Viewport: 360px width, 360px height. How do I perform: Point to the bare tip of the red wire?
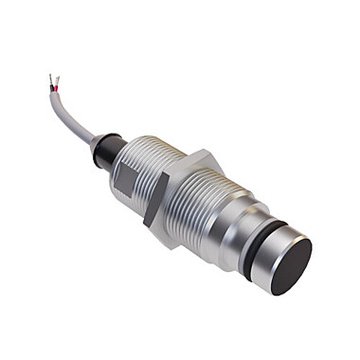tap(59, 79)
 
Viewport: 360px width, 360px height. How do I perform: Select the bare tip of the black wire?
tap(50, 77)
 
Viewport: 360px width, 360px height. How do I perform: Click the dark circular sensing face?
tap(291, 266)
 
